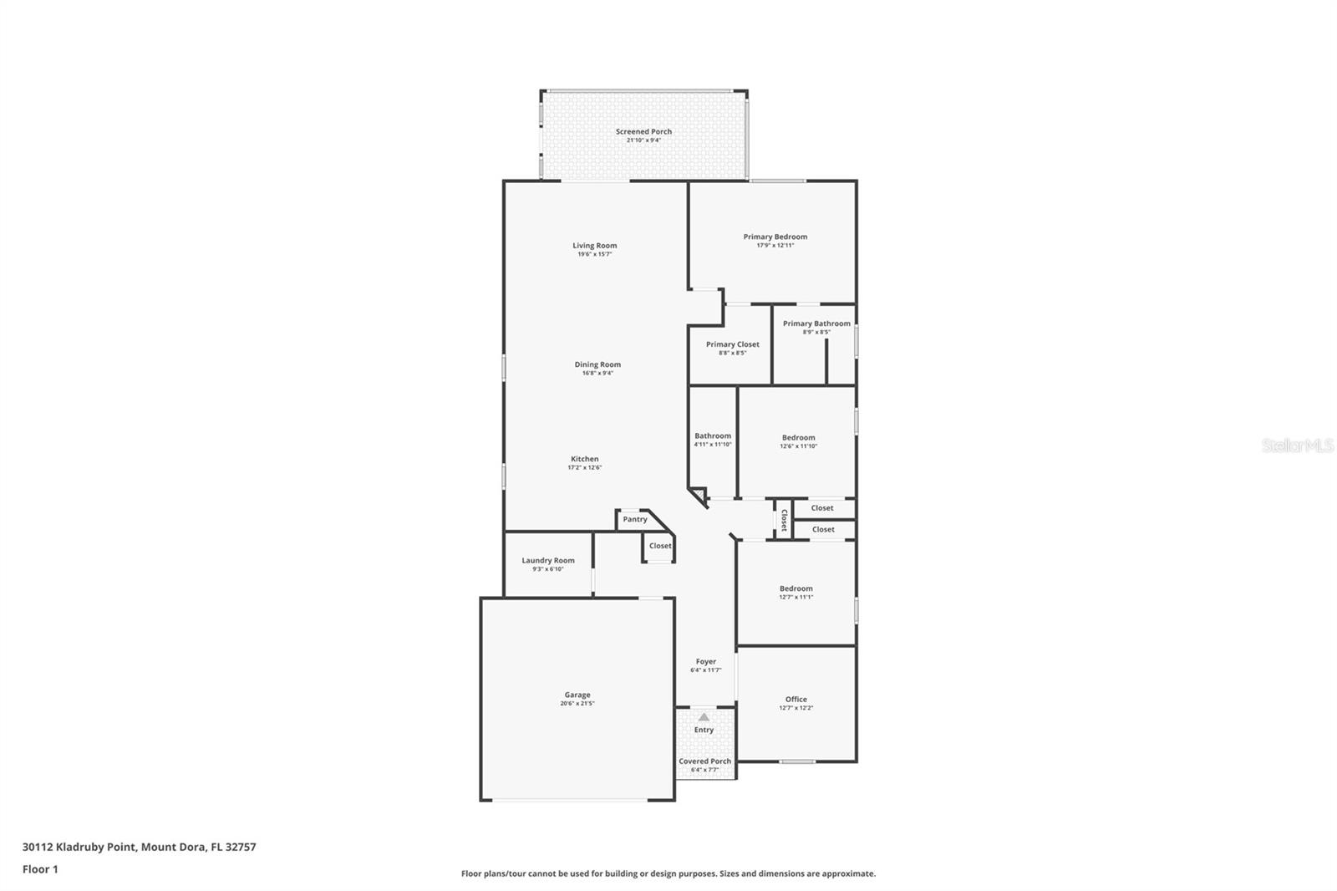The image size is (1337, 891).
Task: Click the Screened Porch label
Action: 643,131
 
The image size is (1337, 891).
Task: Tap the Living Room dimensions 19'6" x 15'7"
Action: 594,254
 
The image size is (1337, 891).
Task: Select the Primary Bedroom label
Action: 775,237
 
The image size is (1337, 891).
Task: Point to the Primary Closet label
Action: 732,344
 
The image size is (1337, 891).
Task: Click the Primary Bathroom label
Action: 816,323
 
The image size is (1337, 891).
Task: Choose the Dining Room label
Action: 597,364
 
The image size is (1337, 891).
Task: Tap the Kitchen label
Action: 584,459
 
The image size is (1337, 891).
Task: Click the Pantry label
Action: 634,519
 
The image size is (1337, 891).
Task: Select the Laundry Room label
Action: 548,560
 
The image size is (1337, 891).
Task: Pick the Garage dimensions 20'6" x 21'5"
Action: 577,704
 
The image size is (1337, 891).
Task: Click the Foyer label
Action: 705,661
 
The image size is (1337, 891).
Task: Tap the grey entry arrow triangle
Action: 704,717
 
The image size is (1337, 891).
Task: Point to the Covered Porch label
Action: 704,761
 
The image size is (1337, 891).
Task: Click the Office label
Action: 796,699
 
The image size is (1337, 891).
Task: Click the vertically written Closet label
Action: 784,520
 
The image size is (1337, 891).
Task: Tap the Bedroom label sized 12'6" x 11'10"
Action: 798,437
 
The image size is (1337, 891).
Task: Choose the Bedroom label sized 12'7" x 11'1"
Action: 796,588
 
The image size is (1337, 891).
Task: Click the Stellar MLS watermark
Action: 1297,446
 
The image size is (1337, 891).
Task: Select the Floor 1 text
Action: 40,869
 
